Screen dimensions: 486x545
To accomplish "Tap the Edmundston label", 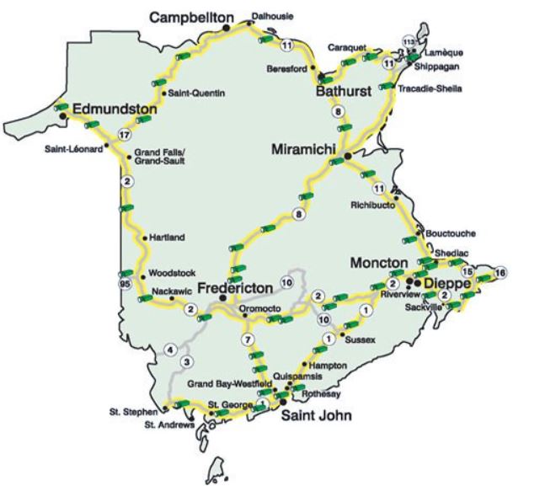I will pos(116,109).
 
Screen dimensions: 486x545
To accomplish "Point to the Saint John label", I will pos(316,416).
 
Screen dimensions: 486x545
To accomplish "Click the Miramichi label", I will pos(304,148).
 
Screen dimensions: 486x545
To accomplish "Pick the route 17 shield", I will pos(126,135).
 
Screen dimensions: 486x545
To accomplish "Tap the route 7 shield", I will pos(248,339).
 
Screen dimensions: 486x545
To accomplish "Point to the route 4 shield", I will pos(171,349).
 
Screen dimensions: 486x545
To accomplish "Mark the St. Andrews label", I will pos(170,425).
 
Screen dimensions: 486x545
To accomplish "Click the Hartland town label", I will pos(167,238).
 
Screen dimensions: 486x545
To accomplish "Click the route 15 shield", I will pos(468,272).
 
